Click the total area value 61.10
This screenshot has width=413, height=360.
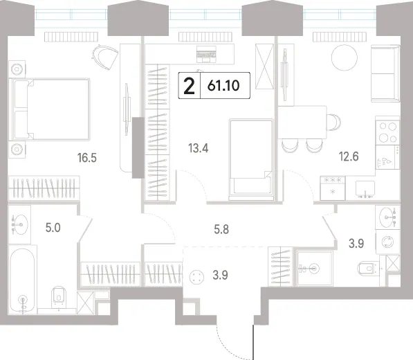coord(223,86)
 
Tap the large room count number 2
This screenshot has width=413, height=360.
coord(189,86)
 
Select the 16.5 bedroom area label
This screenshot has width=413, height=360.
coord(87,158)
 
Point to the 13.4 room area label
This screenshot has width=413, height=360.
coord(199,148)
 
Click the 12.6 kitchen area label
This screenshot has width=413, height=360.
coord(349,156)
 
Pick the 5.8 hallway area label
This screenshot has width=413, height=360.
coord(221,230)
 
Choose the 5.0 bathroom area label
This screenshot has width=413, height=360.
coord(53,228)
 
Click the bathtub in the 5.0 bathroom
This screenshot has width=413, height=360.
coord(22,280)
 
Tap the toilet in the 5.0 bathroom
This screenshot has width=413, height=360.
coord(59,297)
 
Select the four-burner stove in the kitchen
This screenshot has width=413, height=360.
coord(387,132)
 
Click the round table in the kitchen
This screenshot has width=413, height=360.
coord(345,57)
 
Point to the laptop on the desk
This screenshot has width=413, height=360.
coord(206,54)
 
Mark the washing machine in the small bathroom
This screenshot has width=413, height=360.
coord(387,242)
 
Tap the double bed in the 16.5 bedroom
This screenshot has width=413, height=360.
coord(49,109)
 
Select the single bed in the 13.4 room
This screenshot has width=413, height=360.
coord(251,160)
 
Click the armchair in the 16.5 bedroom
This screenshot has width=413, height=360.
coord(105,57)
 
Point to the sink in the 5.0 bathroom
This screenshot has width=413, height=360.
coord(20,224)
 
